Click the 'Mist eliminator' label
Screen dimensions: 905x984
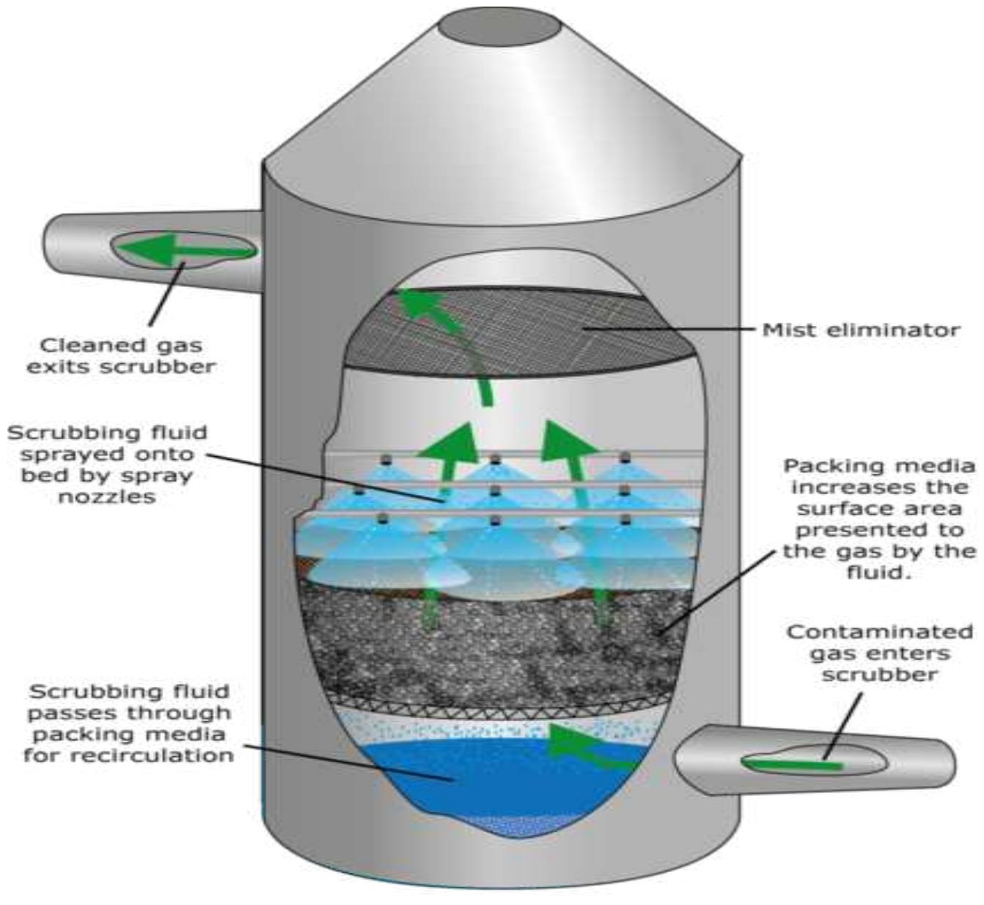(x=861, y=330)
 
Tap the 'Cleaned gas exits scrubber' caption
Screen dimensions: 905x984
(x=122, y=355)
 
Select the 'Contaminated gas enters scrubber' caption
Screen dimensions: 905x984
(x=879, y=652)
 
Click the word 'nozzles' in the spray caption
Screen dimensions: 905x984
(x=107, y=497)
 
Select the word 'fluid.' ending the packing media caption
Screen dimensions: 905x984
(x=879, y=572)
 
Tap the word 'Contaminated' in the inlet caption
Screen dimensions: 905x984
(x=879, y=631)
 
